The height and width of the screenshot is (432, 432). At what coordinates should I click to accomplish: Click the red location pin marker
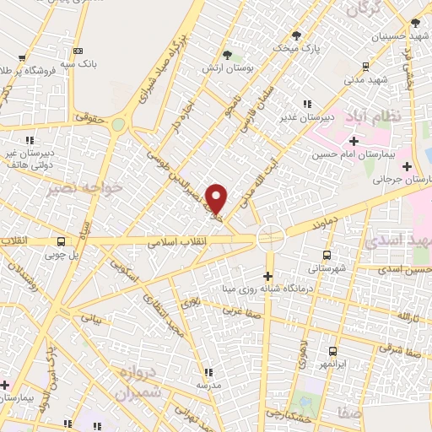pyautogui.click(x=217, y=197)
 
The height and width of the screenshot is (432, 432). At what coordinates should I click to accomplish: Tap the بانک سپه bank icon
pyautogui.click(x=78, y=51)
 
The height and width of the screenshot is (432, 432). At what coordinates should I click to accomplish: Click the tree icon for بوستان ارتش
pyautogui.click(x=224, y=55)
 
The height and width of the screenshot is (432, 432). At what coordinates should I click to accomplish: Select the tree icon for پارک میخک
pyautogui.click(x=296, y=35)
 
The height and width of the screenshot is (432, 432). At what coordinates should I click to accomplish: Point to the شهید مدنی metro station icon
pyautogui.click(x=365, y=67)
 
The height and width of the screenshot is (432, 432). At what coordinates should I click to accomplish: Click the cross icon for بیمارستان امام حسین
pyautogui.click(x=354, y=141)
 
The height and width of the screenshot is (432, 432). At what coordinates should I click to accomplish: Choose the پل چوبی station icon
pyautogui.click(x=61, y=240)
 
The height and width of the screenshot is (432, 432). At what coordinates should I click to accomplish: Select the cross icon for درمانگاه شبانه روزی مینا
pyautogui.click(x=268, y=276)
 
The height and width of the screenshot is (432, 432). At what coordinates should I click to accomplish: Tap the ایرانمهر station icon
pyautogui.click(x=332, y=350)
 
